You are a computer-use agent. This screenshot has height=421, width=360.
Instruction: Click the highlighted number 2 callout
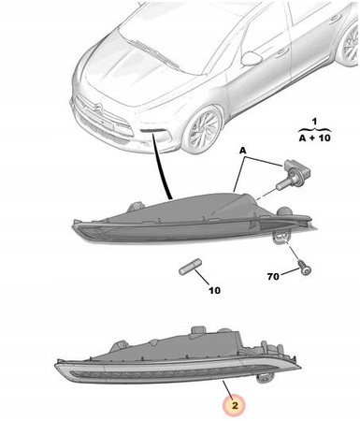(x=235, y=405)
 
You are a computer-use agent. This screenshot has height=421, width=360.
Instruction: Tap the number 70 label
(x=273, y=276)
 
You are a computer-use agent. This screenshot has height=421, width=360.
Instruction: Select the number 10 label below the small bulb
(x=214, y=291)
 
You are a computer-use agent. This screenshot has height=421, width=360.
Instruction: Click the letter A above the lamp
(x=242, y=151)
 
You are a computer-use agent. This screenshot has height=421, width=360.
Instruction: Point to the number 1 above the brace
(x=314, y=121)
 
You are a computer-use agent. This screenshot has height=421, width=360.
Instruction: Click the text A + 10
(x=314, y=138)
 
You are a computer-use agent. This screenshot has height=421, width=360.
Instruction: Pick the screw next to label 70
(x=305, y=269)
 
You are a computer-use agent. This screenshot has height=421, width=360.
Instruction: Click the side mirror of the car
(x=252, y=59)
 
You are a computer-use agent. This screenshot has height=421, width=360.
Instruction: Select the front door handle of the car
(x=283, y=50)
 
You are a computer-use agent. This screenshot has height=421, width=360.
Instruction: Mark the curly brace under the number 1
(x=314, y=129)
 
